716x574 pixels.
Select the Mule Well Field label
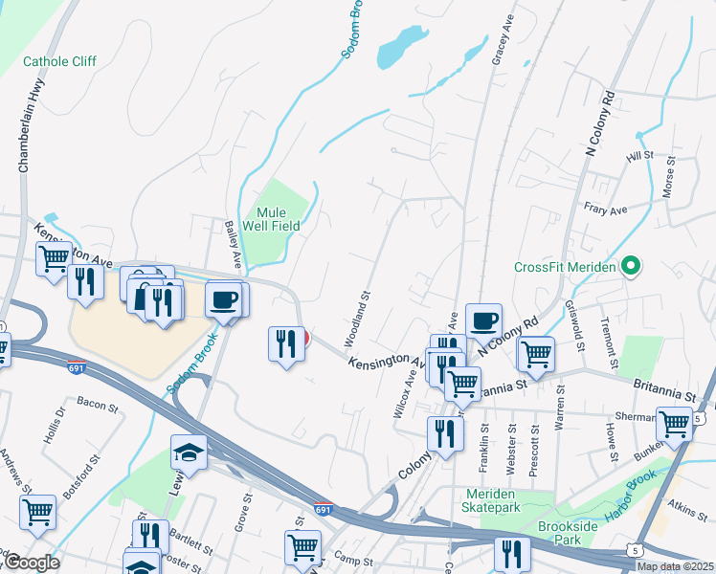(x=279, y=219)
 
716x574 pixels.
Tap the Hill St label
(x=639, y=155)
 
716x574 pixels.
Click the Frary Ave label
(x=605, y=209)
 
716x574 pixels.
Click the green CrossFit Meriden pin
(x=631, y=267)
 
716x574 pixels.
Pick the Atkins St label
(x=686, y=498)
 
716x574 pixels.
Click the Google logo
(x=31, y=563)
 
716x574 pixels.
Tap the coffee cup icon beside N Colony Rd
(x=483, y=320)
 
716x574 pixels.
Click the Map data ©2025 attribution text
(x=674, y=566)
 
